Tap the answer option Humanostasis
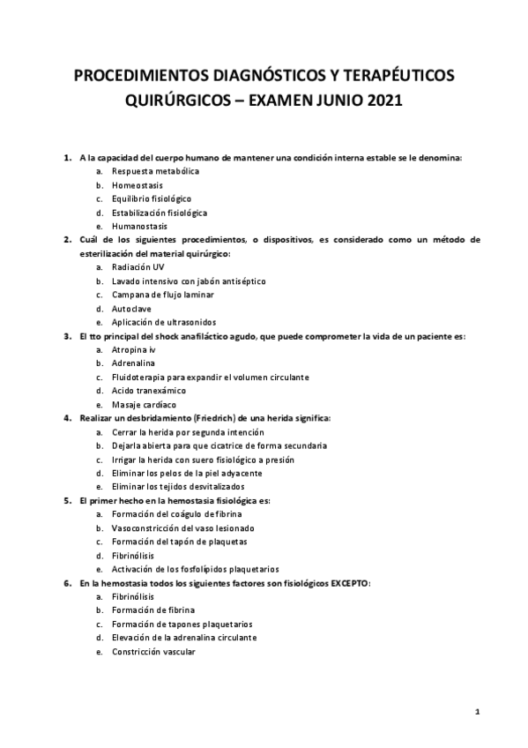click(139, 227)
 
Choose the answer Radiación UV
click(138, 266)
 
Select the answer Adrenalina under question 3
click(133, 363)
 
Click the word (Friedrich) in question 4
click(219, 417)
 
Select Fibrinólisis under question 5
click(134, 555)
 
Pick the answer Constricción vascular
click(153, 651)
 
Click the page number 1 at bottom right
click(476, 711)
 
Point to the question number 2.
click(68, 239)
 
